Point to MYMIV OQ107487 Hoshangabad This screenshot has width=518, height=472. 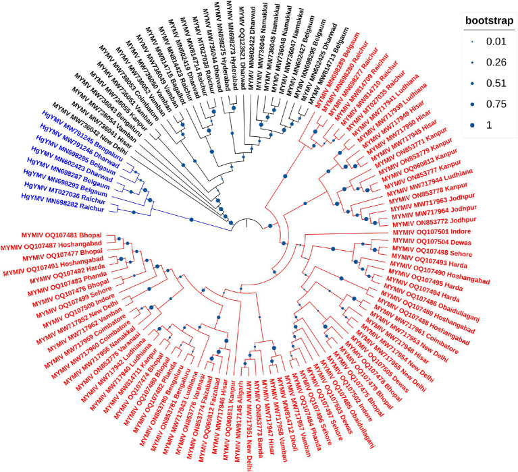pos(59,244)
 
